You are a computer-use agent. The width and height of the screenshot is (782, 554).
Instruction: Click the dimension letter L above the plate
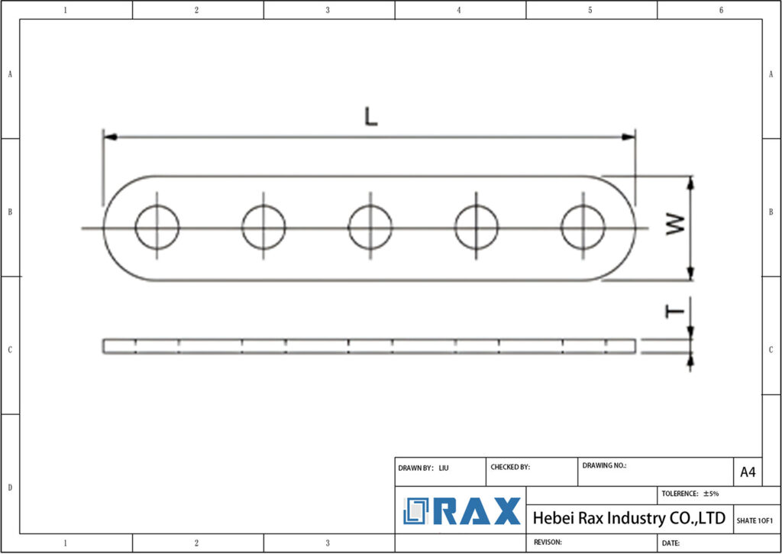pyautogui.click(x=370, y=116)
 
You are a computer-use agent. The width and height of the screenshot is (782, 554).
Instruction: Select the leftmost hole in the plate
pyautogui.click(x=157, y=228)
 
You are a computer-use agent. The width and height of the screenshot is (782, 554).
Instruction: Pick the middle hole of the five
pyautogui.click(x=370, y=228)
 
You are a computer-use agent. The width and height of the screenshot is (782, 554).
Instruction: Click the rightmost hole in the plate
pyautogui.click(x=583, y=228)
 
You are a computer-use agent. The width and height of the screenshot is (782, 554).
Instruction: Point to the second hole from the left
pyautogui.click(x=263, y=228)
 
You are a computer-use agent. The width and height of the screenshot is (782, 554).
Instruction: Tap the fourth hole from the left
pyautogui.click(x=477, y=228)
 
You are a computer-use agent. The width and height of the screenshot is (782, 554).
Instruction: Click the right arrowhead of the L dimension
pyautogui.click(x=629, y=137)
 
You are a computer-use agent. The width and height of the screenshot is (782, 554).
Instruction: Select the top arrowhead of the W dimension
pyautogui.click(x=690, y=183)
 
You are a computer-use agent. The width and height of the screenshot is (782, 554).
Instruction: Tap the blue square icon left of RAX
pyautogui.click(x=417, y=511)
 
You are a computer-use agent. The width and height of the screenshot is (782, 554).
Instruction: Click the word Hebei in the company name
pyautogui.click(x=551, y=518)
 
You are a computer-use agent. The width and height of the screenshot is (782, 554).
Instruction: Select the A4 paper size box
pyautogui.click(x=748, y=472)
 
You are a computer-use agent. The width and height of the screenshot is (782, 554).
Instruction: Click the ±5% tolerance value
pyautogui.click(x=711, y=494)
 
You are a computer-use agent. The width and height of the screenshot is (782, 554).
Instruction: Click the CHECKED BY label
pyautogui.click(x=510, y=467)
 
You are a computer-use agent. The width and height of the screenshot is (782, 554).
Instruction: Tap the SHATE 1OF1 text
pyautogui.click(x=755, y=520)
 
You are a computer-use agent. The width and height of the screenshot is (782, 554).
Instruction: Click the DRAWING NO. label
pyautogui.click(x=604, y=465)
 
